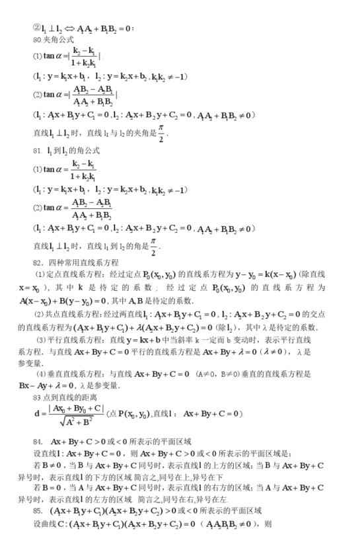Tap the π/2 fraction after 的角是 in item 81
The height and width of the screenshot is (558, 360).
pos(154,247)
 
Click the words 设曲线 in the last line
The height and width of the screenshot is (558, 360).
pos(45,524)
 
